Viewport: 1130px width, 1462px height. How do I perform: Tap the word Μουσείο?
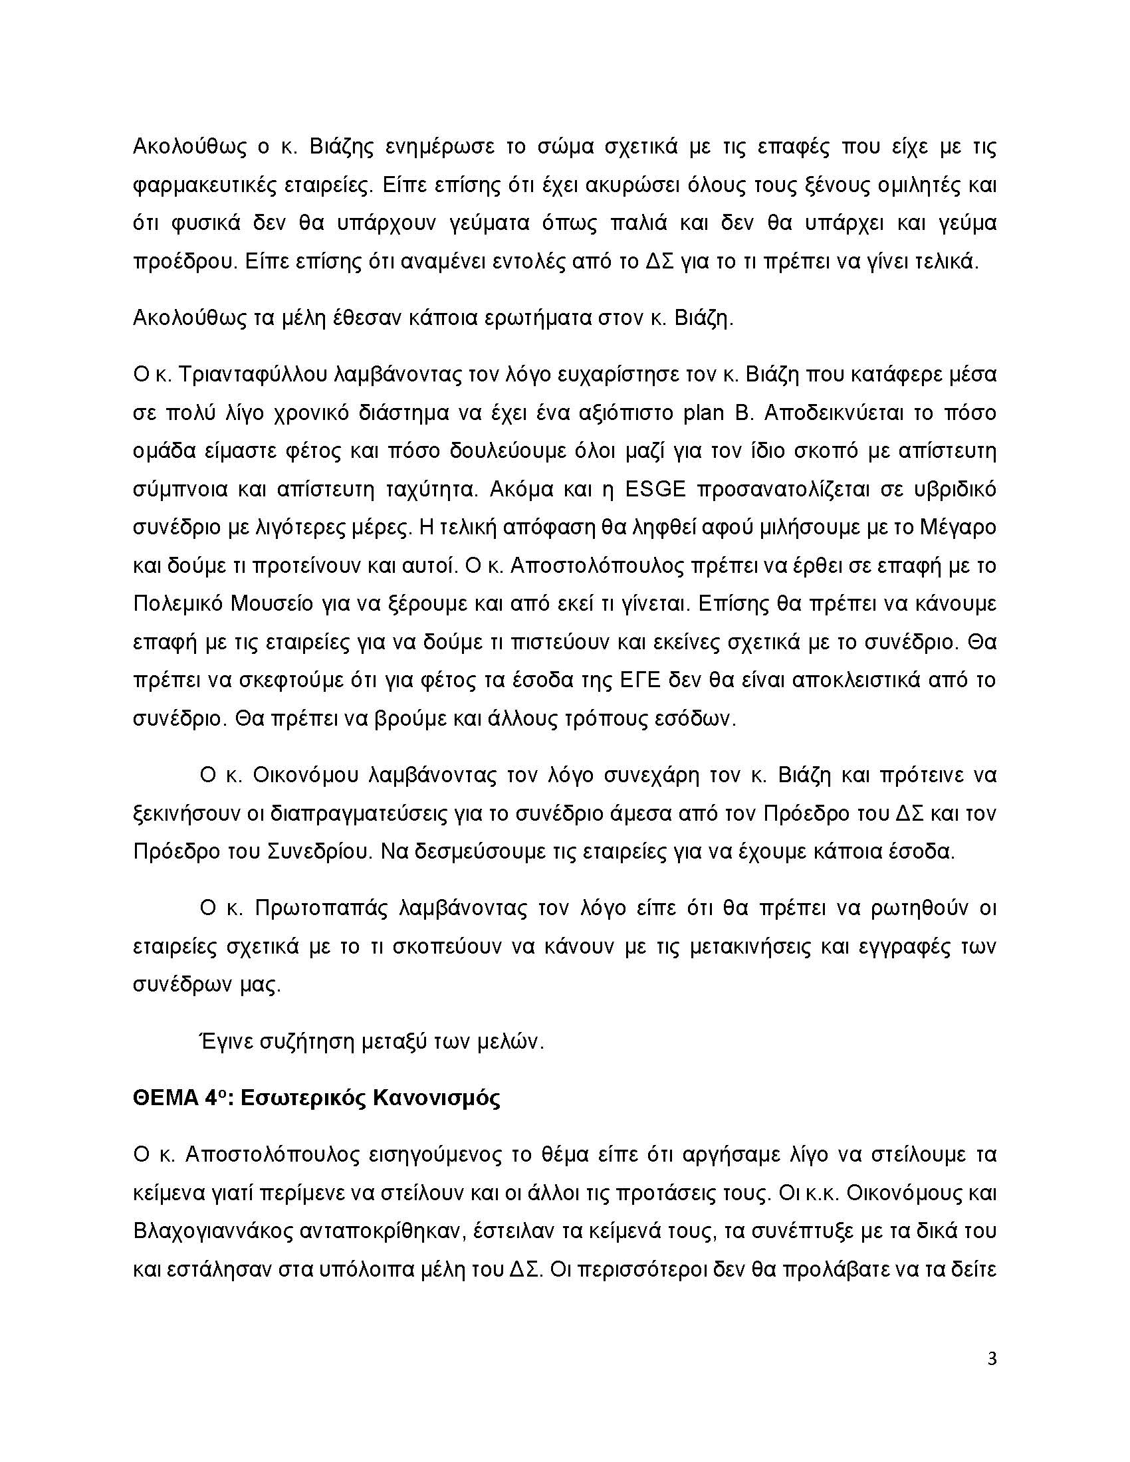tap(272, 604)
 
